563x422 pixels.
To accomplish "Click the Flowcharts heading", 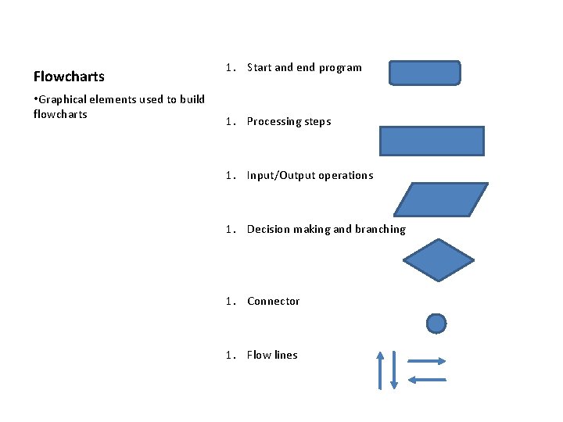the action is pos(69,77).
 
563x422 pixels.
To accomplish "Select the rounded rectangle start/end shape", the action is pos(425,73).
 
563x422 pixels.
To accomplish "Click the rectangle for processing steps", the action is pos(432,141).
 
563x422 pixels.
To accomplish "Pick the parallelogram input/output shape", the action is pos(440,199).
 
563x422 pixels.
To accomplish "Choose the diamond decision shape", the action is pos(438,259).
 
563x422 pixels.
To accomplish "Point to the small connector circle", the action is pos(436,323).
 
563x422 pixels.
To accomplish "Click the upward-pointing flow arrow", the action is pos(381,370).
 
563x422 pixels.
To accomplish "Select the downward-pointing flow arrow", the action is pos(394,370).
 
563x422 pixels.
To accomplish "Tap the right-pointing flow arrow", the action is pos(427,361).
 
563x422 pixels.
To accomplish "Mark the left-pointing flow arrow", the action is pos(427,380).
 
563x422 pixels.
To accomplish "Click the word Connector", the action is pos(273,302).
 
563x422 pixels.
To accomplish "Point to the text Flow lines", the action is pos(272,356).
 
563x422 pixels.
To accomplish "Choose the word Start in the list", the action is pos(259,68).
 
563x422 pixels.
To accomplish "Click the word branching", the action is pos(381,230).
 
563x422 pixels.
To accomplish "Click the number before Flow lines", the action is pos(229,356).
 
